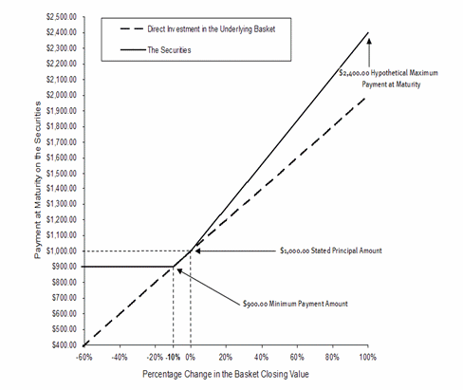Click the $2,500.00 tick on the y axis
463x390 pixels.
point(62,17)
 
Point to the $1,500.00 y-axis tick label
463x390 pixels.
point(62,174)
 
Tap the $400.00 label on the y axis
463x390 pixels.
point(65,344)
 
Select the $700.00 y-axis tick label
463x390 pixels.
point(65,298)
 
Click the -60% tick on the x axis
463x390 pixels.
point(84,358)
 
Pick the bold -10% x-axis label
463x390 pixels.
point(173,358)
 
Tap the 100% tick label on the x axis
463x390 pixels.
point(368,358)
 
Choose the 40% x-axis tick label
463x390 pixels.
point(262,358)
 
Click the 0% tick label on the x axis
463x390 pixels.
point(190,358)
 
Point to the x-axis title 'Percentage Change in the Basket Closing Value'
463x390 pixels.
point(226,374)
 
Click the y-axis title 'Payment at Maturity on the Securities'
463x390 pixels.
point(38,180)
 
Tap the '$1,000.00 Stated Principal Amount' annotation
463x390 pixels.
point(331,251)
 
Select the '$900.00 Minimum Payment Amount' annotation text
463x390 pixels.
point(295,304)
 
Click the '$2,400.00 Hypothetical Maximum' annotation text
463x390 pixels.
point(389,73)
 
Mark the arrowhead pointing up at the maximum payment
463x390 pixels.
point(369,42)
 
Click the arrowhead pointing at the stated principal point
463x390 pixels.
point(198,251)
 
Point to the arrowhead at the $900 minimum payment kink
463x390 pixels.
point(179,270)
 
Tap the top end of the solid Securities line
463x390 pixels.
point(368,32)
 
